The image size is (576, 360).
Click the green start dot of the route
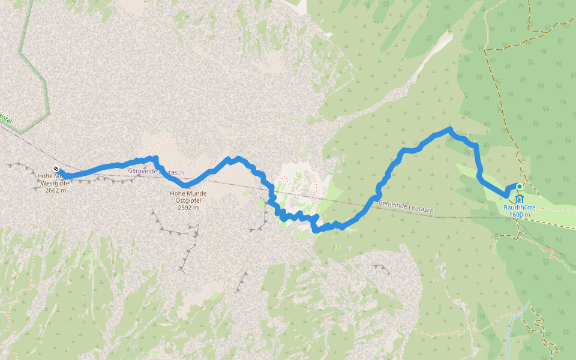click(520, 187)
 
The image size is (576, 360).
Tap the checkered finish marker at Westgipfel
click(56, 169)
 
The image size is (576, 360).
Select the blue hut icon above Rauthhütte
click(519, 199)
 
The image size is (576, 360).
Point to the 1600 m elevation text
click(520, 215)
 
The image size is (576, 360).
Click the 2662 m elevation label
click(55, 190)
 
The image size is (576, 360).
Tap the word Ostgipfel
click(188, 201)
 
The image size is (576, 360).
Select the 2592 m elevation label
click(188, 208)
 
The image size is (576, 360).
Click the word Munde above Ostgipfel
click(196, 193)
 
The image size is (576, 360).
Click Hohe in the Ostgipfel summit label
click(178, 193)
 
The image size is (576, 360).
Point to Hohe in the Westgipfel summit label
click(46, 176)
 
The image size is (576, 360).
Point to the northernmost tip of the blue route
click(449, 129)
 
